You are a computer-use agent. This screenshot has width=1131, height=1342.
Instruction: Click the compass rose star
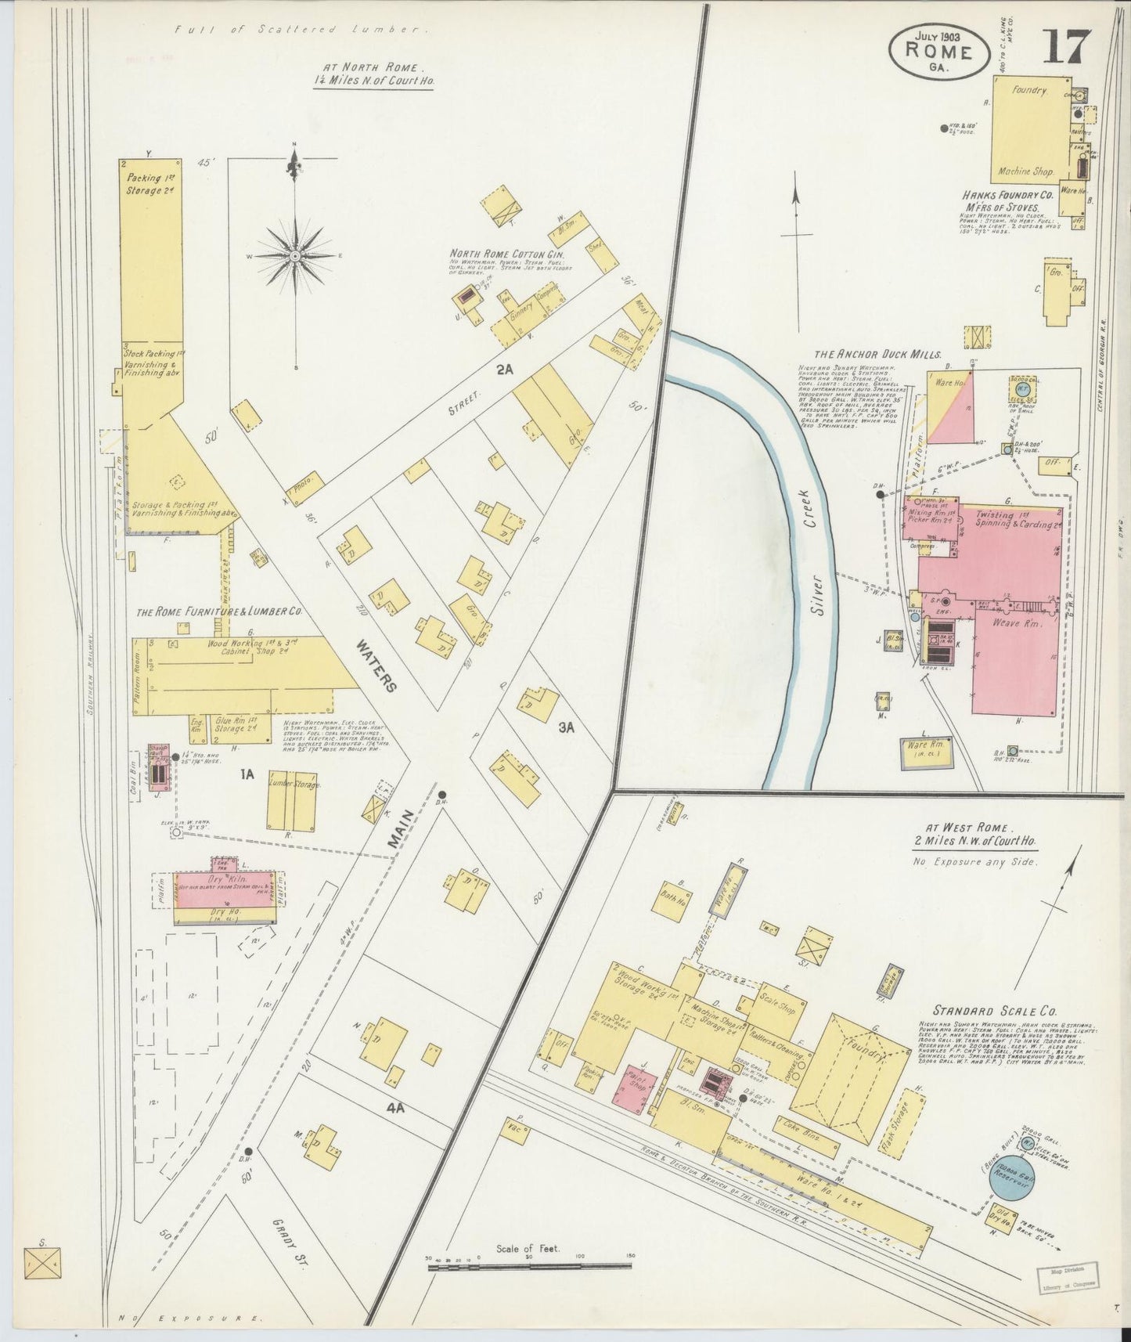[x=295, y=255]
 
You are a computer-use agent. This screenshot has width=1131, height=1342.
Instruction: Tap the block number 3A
[x=567, y=727]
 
